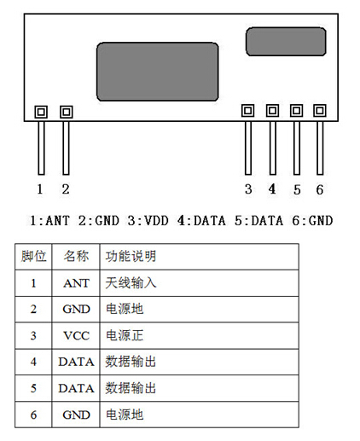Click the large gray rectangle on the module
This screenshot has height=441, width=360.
coord(158,72)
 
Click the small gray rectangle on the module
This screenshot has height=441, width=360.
coord(286,42)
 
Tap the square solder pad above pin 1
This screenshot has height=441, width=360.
coord(41,112)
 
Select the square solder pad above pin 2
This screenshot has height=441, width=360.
coord(67,112)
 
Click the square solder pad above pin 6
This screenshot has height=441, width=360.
coord(320,110)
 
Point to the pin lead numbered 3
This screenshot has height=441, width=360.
coord(248,148)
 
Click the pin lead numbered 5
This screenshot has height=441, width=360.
coord(297,148)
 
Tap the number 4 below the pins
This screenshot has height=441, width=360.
coord(272,189)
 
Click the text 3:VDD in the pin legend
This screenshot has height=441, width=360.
coord(148,221)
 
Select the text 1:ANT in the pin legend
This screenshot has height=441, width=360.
coord(49,221)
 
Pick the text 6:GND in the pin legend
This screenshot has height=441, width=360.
coord(312,221)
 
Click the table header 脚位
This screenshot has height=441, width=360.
coord(33,256)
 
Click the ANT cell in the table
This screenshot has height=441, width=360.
coord(76,283)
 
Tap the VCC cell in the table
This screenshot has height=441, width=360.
coord(76,336)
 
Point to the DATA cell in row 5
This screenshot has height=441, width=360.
coord(76,388)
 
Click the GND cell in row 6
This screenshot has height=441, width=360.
coord(76,415)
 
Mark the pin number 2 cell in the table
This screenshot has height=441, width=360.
coord(33,309)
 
